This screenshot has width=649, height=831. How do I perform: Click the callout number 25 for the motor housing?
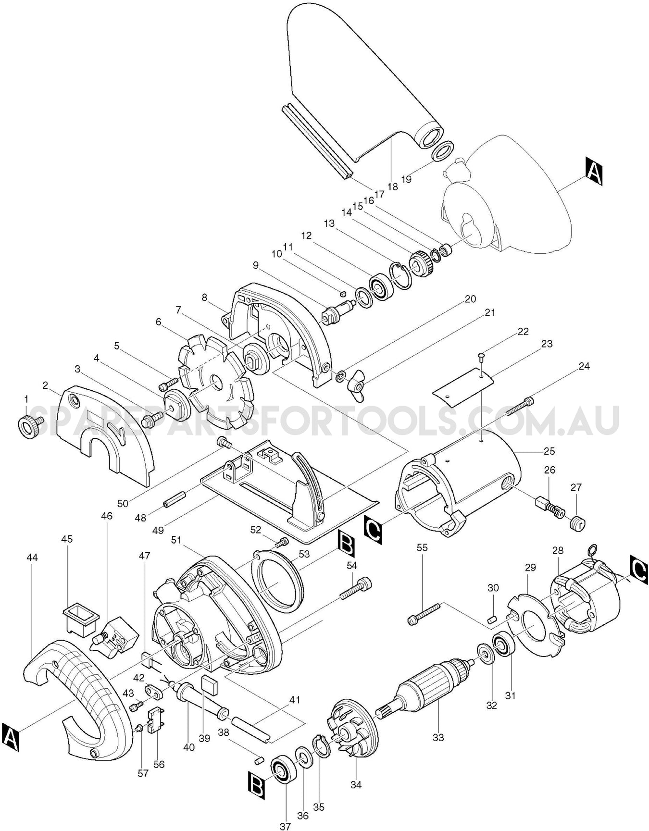(x=549, y=451)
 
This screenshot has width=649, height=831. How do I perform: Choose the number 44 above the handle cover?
(x=32, y=558)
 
